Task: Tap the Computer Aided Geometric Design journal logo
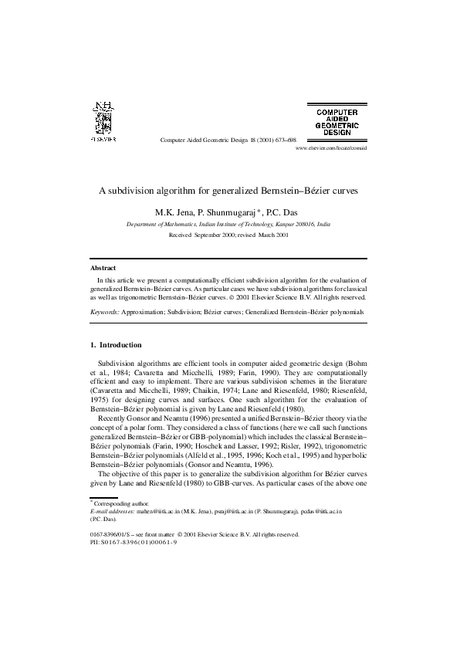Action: [337, 121]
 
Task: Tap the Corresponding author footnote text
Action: [118, 503]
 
